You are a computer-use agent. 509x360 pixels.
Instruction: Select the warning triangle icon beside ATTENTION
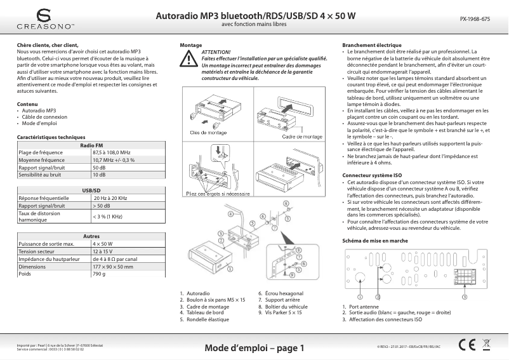pyautogui.click(x=188, y=59)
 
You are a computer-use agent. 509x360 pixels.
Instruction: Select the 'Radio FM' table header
pyautogui.click(x=91, y=146)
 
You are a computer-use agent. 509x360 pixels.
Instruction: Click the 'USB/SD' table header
pyautogui.click(x=91, y=190)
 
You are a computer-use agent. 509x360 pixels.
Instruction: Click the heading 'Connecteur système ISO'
pyautogui.click(x=372, y=175)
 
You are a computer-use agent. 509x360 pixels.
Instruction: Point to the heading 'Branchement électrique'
pyautogui.click(x=372, y=46)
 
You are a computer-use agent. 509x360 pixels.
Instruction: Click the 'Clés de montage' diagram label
pyautogui.click(x=204, y=132)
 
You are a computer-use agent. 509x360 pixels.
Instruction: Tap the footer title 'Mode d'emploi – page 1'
pyautogui.click(x=255, y=348)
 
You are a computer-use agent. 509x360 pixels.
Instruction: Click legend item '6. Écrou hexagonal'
pyautogui.click(x=281, y=293)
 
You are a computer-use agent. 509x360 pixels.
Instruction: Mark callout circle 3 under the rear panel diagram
pyautogui.click(x=464, y=297)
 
